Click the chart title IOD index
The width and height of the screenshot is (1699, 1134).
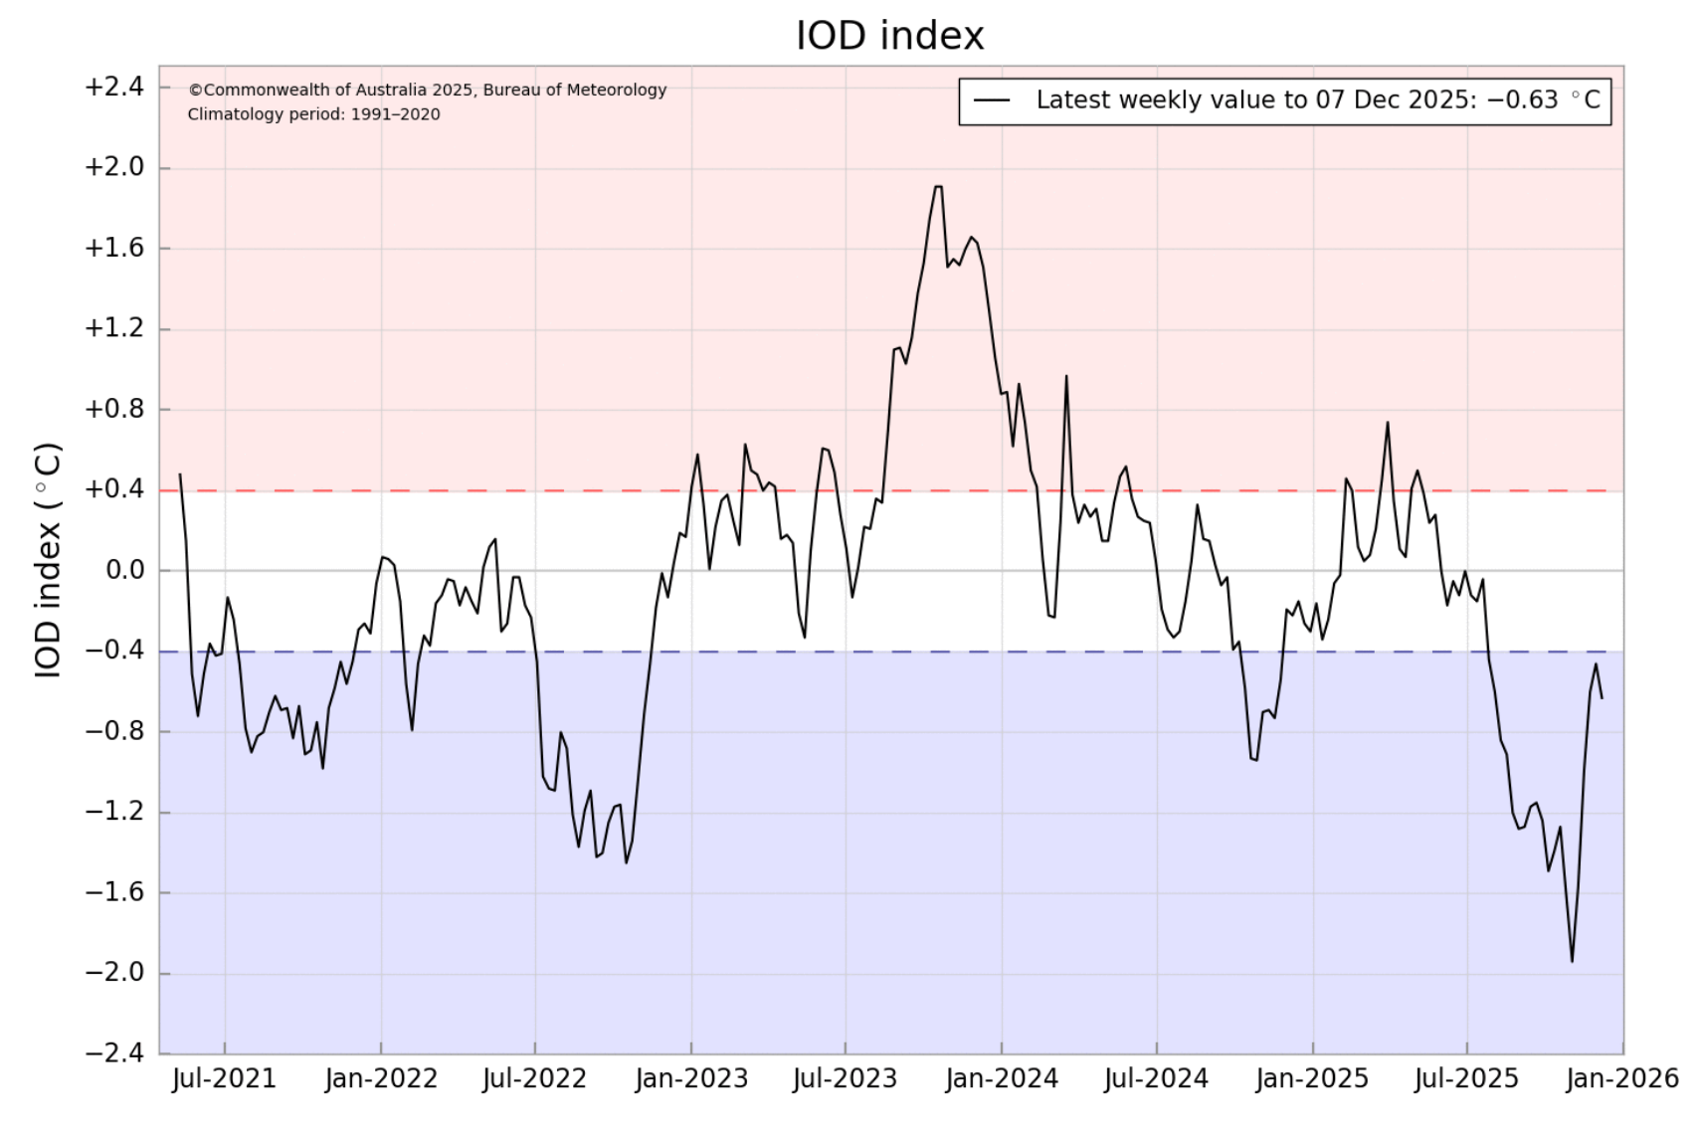(x=890, y=37)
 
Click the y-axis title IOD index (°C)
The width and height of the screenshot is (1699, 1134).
(x=49, y=561)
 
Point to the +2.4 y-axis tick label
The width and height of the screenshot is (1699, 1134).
(x=114, y=88)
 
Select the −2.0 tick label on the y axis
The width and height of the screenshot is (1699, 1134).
(x=114, y=973)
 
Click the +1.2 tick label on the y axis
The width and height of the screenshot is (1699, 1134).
(x=114, y=329)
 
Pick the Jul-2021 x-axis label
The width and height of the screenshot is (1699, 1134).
(x=224, y=1078)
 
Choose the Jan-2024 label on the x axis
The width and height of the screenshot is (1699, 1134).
(x=1002, y=1078)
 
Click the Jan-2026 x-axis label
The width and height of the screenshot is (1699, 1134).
(x=1622, y=1078)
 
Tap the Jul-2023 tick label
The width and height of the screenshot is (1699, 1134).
(x=846, y=1078)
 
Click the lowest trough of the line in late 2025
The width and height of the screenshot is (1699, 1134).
(x=1572, y=961)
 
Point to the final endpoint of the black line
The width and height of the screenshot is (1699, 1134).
(x=1602, y=698)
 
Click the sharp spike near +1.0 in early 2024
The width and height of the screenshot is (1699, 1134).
(x=1066, y=376)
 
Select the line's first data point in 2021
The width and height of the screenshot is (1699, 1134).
(x=180, y=474)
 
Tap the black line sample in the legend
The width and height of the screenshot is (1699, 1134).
(x=993, y=100)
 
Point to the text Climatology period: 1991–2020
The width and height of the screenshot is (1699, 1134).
(x=314, y=114)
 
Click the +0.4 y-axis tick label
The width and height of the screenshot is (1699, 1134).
(x=114, y=489)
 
